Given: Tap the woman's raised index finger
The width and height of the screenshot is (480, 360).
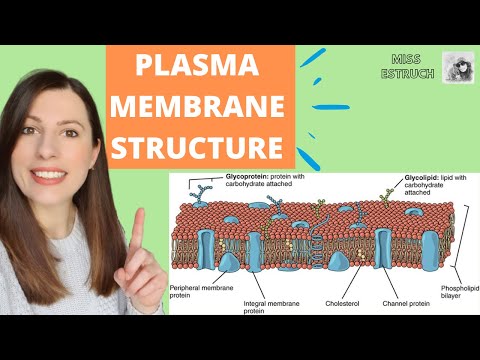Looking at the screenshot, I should (136, 233).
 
